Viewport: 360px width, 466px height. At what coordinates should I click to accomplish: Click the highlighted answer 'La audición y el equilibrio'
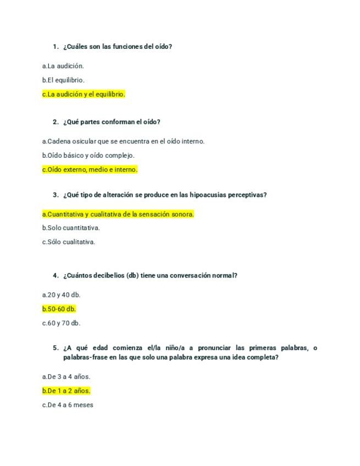click(x=84, y=94)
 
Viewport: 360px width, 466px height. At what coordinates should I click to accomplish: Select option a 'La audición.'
click(x=63, y=66)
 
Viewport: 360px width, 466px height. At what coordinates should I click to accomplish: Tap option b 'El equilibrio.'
click(x=63, y=80)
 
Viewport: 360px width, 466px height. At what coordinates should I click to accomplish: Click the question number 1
click(x=56, y=47)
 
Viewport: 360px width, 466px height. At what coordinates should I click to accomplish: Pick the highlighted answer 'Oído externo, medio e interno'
click(x=90, y=170)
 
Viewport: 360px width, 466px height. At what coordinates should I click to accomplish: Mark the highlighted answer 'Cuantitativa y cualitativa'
click(x=118, y=214)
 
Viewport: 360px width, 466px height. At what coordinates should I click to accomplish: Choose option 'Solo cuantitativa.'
click(x=71, y=228)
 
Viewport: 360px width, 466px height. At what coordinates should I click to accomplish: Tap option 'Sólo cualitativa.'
click(x=69, y=242)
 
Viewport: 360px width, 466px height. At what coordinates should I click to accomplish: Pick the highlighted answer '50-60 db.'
click(x=59, y=309)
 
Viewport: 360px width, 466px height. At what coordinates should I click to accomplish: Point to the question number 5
click(x=56, y=348)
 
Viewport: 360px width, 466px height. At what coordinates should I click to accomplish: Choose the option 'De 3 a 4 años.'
click(x=66, y=377)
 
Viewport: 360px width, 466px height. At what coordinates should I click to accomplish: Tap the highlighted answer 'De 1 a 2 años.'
click(x=66, y=391)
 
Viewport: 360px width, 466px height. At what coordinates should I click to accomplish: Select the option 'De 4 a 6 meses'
click(x=68, y=405)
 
